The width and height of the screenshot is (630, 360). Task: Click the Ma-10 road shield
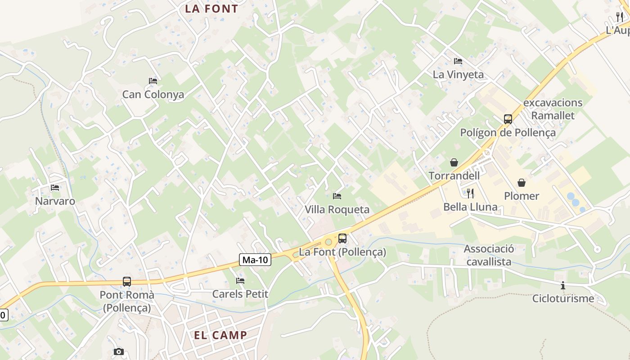click(x=255, y=259)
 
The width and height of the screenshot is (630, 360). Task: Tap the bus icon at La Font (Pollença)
click(x=342, y=238)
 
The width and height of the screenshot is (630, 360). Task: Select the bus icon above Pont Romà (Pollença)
click(x=127, y=282)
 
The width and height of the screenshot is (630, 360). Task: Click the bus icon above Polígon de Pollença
click(x=508, y=119)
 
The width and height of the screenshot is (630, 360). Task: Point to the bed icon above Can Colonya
click(x=153, y=81)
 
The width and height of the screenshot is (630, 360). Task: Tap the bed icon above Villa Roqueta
click(x=337, y=196)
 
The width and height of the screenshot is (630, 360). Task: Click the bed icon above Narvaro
click(x=55, y=187)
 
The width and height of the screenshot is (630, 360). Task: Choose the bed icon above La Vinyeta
click(x=458, y=61)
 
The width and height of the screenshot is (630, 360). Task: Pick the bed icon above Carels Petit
click(x=240, y=281)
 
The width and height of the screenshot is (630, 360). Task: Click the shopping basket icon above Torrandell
click(x=454, y=162)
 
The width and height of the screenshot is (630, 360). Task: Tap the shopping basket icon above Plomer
click(x=522, y=182)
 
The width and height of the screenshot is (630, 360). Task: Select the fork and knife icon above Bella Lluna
click(x=470, y=193)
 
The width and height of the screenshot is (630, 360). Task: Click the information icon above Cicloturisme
click(x=563, y=285)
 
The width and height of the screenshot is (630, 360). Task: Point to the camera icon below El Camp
click(x=119, y=351)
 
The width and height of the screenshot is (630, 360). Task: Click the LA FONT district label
click(x=211, y=9)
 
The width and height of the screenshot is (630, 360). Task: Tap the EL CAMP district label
click(x=220, y=335)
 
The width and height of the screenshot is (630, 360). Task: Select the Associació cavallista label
click(x=489, y=255)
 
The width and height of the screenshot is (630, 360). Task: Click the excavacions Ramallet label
click(x=553, y=109)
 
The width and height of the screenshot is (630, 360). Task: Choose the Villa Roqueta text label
click(x=337, y=209)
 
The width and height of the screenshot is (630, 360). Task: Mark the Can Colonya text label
click(x=153, y=94)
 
